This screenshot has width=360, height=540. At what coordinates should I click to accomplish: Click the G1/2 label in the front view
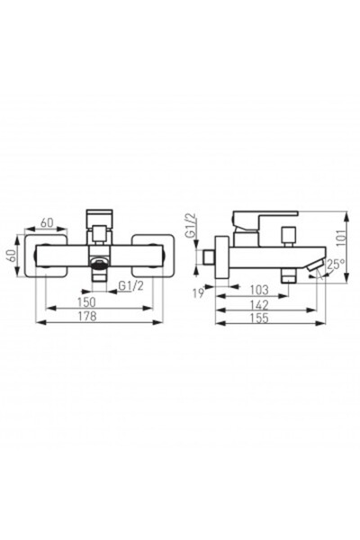pos(132,285)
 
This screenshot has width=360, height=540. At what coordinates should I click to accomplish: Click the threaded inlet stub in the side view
pos(209,258)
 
